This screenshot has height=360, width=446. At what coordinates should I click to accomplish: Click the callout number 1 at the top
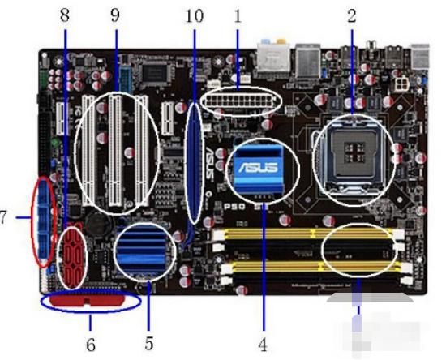pyautogui.click(x=238, y=15)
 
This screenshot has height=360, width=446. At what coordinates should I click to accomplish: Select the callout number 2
pyautogui.click(x=352, y=15)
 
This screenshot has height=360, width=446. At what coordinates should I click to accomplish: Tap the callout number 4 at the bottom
pyautogui.click(x=262, y=344)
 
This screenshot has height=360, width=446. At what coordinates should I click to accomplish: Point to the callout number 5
pyautogui.click(x=149, y=344)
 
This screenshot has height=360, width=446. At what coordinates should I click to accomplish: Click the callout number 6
pyautogui.click(x=91, y=345)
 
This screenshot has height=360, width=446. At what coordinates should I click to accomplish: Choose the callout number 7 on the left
pyautogui.click(x=6, y=218)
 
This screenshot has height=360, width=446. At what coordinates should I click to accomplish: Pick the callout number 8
pyautogui.click(x=65, y=15)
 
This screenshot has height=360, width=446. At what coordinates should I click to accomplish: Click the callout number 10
pyautogui.click(x=195, y=15)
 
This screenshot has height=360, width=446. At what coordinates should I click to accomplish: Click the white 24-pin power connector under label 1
pyautogui.click(x=240, y=101)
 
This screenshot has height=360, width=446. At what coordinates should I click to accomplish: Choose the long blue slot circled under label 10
pyautogui.click(x=195, y=162)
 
